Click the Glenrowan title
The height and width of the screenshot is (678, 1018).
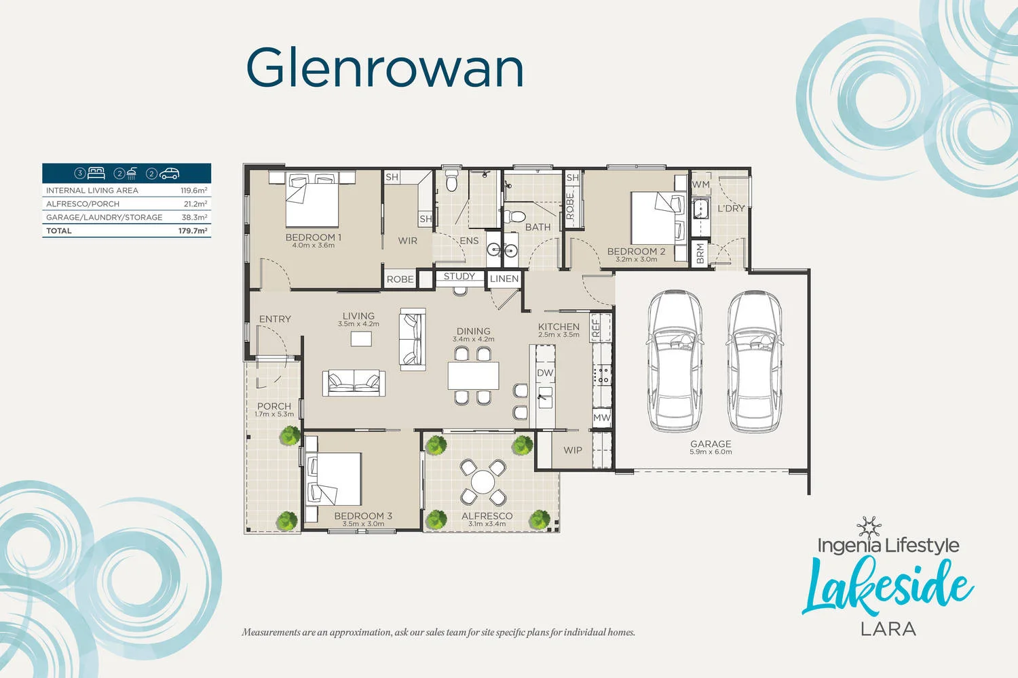click(385, 68)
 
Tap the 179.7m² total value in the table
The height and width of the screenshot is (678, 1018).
click(193, 231)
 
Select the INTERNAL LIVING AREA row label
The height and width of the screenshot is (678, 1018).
click(92, 191)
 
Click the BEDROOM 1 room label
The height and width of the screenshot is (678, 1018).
click(313, 237)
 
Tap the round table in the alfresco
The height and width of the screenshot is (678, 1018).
click(483, 482)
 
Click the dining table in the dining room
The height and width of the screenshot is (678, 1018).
click(473, 375)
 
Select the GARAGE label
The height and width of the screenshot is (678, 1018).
click(711, 444)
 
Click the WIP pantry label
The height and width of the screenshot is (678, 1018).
click(572, 450)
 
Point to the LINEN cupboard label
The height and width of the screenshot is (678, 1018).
click(504, 279)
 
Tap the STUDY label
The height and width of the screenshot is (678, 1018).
click(459, 276)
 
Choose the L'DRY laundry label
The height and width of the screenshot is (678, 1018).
click(731, 208)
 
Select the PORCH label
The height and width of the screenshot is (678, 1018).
click(274, 406)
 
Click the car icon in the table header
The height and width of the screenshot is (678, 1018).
click(170, 174)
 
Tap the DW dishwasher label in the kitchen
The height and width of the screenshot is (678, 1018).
click(545, 373)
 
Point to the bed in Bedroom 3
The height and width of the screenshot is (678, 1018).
click(333, 479)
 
